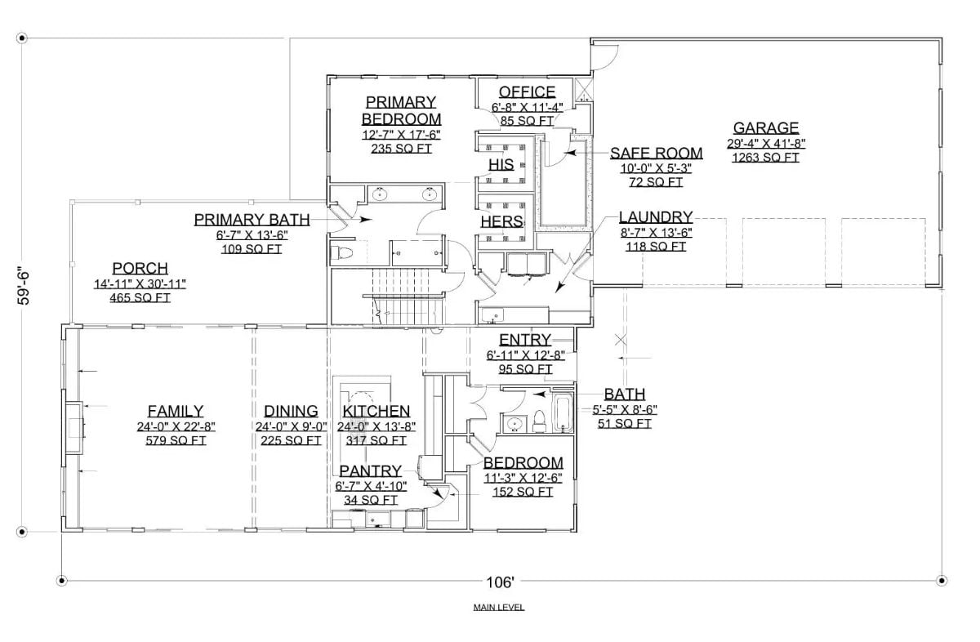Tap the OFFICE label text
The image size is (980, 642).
click(x=527, y=92)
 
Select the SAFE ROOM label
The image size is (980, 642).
click(x=657, y=154)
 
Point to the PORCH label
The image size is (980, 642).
click(x=140, y=269)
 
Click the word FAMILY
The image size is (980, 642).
click(x=176, y=412)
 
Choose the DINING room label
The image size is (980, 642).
click(x=291, y=412)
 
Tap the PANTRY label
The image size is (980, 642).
click(x=371, y=471)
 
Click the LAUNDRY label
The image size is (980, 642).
click(x=656, y=217)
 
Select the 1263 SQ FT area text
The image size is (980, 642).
click(x=765, y=158)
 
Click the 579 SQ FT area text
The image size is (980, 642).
click(x=176, y=441)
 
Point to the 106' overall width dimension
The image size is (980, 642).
click(x=501, y=582)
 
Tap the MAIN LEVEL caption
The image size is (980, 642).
click(x=498, y=608)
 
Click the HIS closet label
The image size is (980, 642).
click(x=501, y=165)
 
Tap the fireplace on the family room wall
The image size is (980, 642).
click(x=74, y=426)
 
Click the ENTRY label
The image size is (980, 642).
click(x=524, y=341)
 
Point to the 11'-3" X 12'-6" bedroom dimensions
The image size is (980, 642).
click(x=523, y=478)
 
